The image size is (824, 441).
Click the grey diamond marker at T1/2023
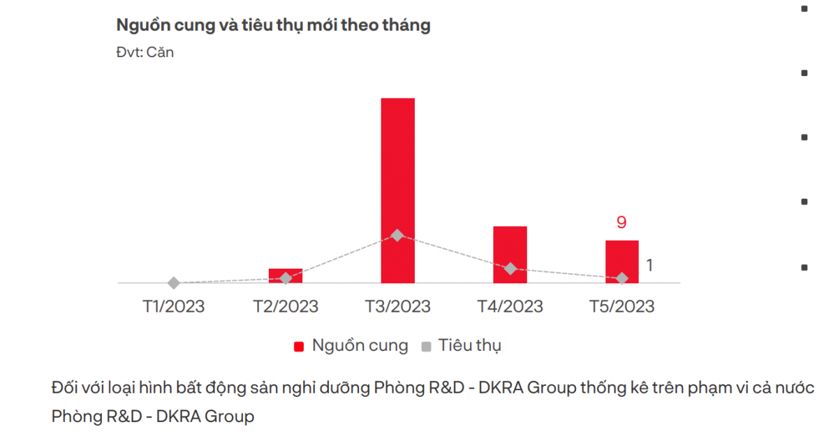[174, 283]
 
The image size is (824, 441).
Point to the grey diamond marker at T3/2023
[397, 235]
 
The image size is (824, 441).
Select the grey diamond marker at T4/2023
[510, 269]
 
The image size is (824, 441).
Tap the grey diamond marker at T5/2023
[622, 278]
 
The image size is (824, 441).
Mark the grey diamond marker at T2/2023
[286, 278]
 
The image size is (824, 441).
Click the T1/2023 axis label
[174, 306]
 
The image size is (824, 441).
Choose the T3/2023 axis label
[398, 306]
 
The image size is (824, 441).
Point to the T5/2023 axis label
[622, 306]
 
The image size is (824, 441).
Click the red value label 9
[621, 223]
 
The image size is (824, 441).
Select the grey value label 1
[649, 266]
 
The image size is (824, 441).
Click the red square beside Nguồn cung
[300, 346]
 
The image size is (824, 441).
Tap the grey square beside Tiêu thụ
[426, 346]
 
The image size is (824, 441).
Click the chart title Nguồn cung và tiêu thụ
[273, 26]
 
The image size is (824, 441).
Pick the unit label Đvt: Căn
[145, 52]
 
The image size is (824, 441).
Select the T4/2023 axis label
[510, 306]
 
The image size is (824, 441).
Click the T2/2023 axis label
[286, 306]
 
